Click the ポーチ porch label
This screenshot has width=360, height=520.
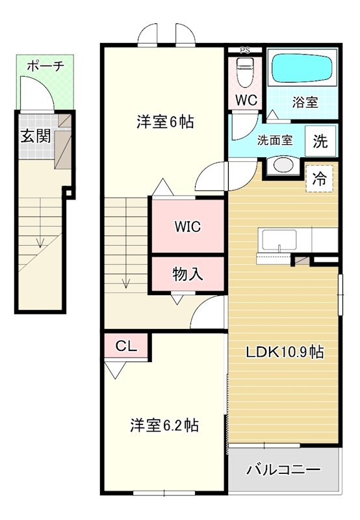45,66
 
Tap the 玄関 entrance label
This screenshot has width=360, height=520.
36,136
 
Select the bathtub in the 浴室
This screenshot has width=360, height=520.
302,68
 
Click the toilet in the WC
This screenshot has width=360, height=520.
246,71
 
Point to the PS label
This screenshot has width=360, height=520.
245,51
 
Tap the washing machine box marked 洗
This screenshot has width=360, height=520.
320,141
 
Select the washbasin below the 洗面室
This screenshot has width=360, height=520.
283,165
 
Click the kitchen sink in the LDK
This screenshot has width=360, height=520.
279,240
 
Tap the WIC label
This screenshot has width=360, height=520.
188,226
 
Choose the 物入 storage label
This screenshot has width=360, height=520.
188,274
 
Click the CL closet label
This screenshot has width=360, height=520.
126,346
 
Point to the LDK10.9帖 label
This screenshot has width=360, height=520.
285,352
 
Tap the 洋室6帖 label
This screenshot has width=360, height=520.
165,122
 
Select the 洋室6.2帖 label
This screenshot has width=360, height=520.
164,426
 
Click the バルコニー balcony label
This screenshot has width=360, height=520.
283,469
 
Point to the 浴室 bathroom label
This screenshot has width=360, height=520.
305,102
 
